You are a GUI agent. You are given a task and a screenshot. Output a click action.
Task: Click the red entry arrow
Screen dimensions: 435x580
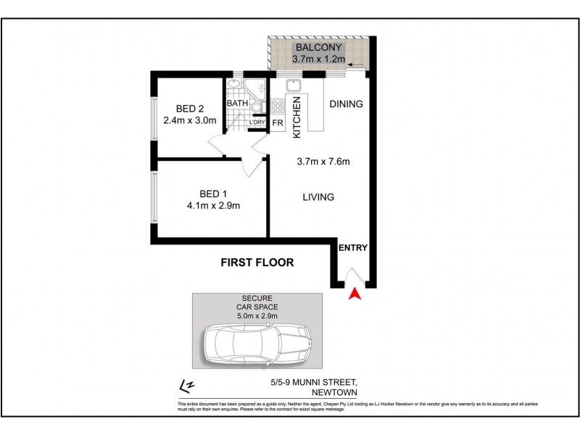click(x=355, y=294)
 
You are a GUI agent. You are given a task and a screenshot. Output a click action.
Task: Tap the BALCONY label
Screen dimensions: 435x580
click(x=318, y=47)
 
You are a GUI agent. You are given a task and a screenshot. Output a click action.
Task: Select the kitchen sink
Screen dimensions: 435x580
click(x=294, y=91)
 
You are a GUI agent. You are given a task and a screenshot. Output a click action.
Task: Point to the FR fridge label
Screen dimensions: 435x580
click(x=277, y=123)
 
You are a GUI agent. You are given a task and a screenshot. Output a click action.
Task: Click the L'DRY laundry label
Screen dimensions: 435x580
click(x=257, y=123)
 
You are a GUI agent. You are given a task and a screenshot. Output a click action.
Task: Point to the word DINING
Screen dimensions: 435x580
click(x=346, y=104)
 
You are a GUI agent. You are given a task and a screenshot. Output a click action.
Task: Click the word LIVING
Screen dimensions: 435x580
click(x=318, y=196)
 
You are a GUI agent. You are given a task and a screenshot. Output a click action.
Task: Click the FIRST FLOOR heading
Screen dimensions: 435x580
click(x=257, y=262)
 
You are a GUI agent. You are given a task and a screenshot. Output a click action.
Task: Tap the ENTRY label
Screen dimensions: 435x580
click(x=354, y=248)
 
